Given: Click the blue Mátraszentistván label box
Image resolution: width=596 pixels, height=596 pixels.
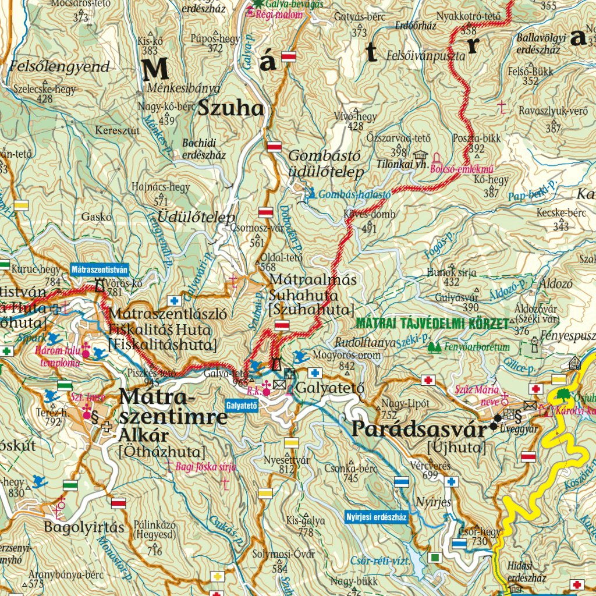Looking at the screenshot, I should coord(99,269).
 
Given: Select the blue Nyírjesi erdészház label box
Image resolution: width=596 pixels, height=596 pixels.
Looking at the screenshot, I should coord(376,516).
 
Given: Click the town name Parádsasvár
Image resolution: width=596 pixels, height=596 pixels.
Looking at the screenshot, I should coord(418,430).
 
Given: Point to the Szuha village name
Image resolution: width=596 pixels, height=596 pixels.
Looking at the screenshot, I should coord(231,108).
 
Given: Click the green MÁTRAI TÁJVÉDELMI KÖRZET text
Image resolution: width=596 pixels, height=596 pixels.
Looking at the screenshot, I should coord(432,322).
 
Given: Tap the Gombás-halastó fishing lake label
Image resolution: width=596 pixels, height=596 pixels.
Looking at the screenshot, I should coord(354,195).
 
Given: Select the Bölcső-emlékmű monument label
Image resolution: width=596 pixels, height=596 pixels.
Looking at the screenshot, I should coord(462,169).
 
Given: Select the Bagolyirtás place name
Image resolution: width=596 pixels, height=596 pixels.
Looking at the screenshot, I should coord(84,528).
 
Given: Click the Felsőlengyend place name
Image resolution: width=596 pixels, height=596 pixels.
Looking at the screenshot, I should coord(59,66).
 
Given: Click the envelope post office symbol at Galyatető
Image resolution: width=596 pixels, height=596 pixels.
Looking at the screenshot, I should coord(279,384).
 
